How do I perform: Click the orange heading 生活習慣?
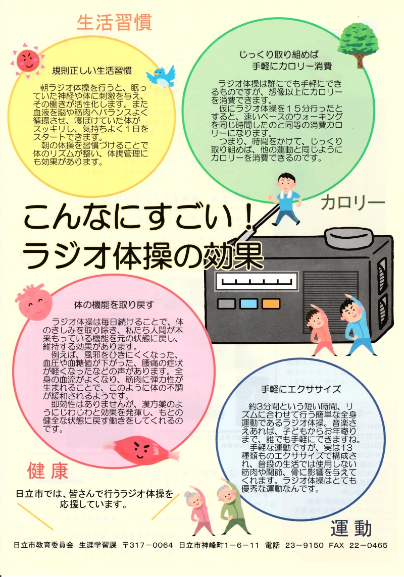pos(114,22)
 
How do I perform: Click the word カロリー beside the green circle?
pos(352,203)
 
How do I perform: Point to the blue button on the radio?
pos(248,303)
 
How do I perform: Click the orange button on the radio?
pos(271,303)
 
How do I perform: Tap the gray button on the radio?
pos(226,303)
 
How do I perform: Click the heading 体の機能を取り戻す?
pos(114,305)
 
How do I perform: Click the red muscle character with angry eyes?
pos(140,448)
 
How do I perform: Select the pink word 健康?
pos(47,471)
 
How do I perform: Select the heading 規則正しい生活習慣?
pos(92,70)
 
